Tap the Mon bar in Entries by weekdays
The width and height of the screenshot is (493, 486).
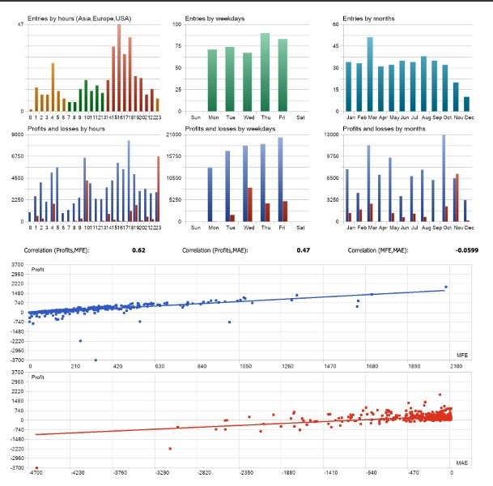[x=212, y=80]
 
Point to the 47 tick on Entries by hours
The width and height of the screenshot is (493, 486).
[x=20, y=25]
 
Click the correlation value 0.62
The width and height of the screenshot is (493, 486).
[x=138, y=251]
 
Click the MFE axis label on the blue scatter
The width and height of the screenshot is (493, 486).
[x=461, y=356]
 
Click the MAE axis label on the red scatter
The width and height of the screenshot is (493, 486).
[x=461, y=463]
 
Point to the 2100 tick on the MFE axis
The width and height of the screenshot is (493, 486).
[x=457, y=366]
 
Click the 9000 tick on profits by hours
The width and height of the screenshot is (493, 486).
[x=17, y=134]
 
